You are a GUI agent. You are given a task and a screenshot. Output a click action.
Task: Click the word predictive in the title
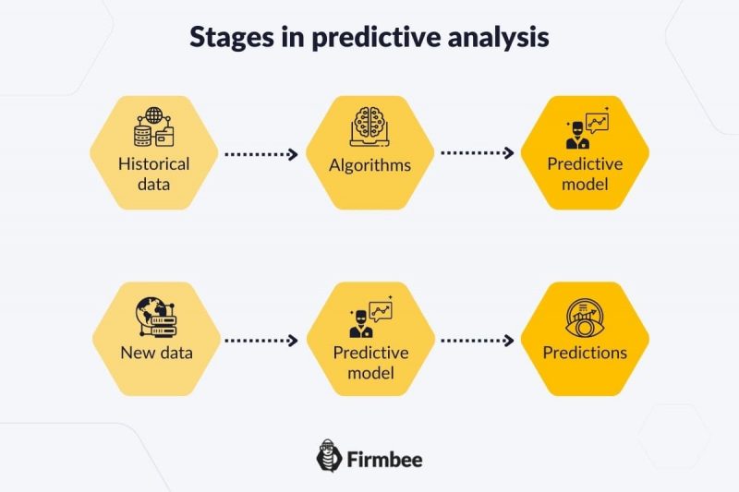click(x=348, y=38)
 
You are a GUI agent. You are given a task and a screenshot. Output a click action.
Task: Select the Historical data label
click(x=154, y=174)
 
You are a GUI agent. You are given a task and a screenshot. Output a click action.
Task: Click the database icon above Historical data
click(x=154, y=130)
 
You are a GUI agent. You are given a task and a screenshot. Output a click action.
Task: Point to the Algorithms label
click(x=369, y=166)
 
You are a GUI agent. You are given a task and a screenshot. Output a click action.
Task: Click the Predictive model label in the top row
click(x=585, y=174)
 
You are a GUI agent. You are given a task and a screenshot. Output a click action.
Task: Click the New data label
click(x=154, y=353)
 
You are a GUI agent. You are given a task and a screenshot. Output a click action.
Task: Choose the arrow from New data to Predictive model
click(x=261, y=341)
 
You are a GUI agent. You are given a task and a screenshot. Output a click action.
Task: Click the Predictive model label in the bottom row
click(x=369, y=362)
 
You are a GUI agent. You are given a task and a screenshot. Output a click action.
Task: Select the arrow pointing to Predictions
click(x=477, y=341)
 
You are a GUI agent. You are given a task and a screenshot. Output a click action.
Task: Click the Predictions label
click(x=585, y=353)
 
